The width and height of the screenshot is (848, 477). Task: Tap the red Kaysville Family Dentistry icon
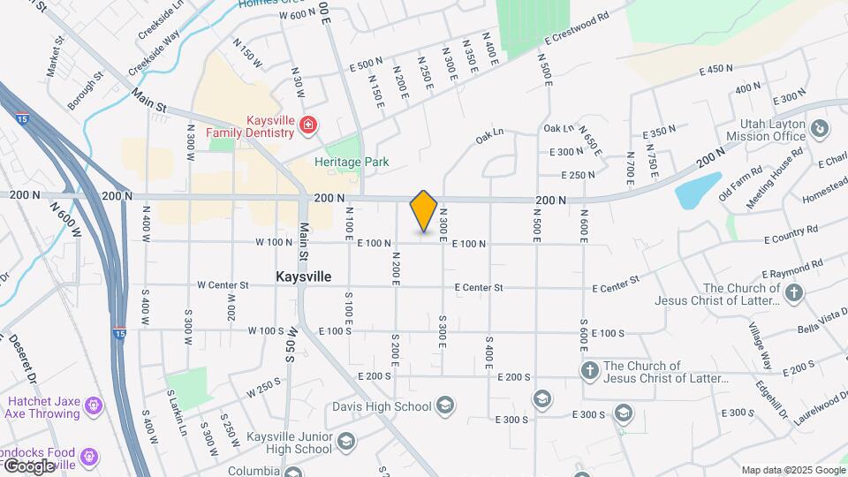307,125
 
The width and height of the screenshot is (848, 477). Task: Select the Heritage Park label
352,163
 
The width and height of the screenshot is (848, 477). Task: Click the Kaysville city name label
303,276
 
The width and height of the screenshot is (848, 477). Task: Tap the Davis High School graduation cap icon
446,406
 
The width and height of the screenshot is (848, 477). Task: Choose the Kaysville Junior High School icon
347,441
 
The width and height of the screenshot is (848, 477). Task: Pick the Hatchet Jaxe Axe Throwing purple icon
94,406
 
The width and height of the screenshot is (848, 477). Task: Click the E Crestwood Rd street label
578,28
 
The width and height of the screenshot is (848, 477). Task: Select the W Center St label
223,285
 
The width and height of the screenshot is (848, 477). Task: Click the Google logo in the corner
28,466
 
